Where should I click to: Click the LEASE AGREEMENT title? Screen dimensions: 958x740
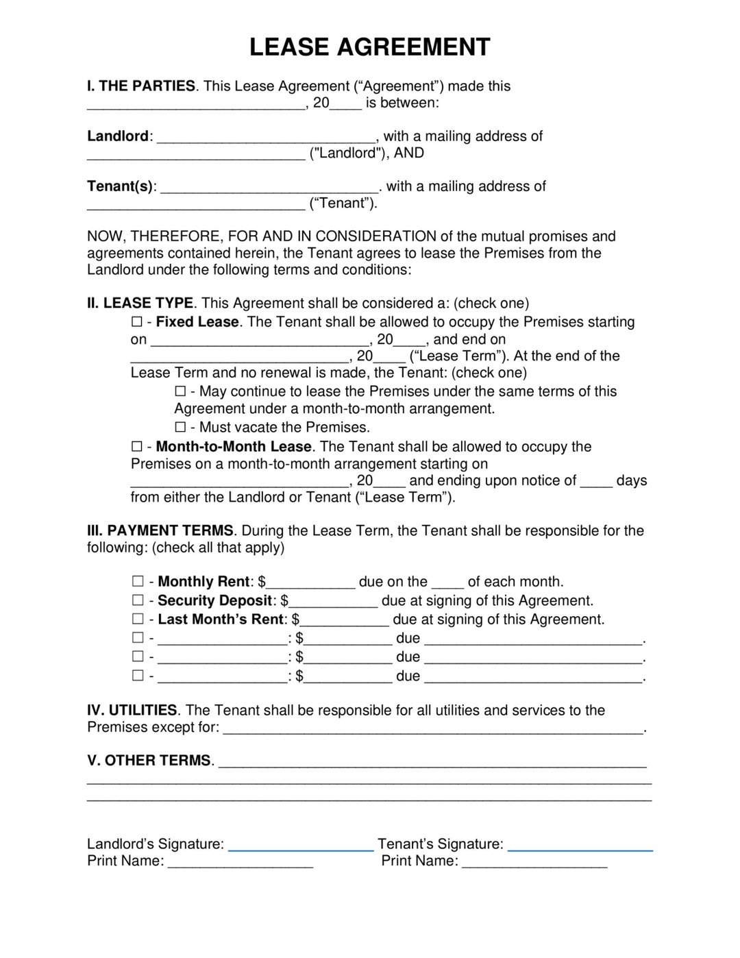tap(369, 47)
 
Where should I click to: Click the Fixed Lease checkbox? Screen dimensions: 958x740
tap(136, 322)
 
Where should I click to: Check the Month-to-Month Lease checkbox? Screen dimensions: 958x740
tap(136, 447)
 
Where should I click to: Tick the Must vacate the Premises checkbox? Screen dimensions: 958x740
tap(180, 428)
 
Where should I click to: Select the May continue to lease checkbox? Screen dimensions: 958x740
tap(180, 391)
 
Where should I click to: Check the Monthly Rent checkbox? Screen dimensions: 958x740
tap(138, 581)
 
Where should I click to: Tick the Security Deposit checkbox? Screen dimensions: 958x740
tap(138, 600)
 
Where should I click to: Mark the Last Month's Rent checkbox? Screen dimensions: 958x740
tap(138, 619)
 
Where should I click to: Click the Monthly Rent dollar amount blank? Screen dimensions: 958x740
tap(310, 584)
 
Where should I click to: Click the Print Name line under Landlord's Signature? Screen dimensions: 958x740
tap(240, 863)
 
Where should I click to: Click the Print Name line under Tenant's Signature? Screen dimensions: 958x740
tap(534, 863)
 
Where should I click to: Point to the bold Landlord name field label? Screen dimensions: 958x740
tap(118, 136)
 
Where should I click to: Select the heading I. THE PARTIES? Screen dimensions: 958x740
tap(140, 86)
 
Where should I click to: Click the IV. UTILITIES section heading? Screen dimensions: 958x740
tap(132, 711)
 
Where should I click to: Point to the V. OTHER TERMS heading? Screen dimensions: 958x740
tap(149, 761)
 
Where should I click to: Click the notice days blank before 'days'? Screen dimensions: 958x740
tap(596, 482)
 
